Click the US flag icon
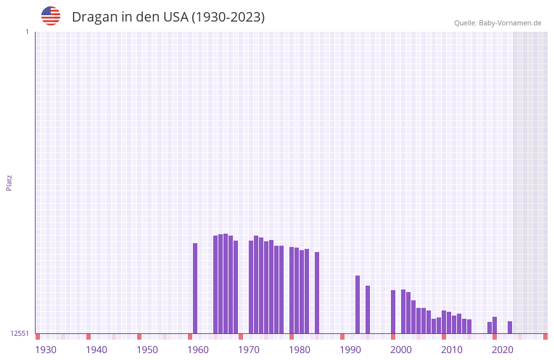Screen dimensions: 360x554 51,16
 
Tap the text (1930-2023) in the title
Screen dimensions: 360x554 228,17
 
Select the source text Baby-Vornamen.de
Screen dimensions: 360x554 510,23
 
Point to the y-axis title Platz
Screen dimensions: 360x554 9,182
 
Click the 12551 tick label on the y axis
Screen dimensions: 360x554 20,333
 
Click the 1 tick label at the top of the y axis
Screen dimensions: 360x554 27,32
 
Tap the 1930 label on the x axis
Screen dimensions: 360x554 46,350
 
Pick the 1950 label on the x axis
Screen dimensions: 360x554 147,350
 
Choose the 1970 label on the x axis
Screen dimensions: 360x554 249,350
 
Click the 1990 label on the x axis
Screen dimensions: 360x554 350,350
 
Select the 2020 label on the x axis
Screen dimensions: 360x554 503,350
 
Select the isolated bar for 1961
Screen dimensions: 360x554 195,288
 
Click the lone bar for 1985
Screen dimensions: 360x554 317,293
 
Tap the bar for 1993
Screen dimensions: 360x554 357,304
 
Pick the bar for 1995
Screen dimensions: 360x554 367,309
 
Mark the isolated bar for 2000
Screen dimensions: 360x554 393,312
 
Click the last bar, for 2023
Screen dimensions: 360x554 510,327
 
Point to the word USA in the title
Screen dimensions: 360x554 176,17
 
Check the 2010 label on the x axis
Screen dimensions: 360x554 452,350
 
